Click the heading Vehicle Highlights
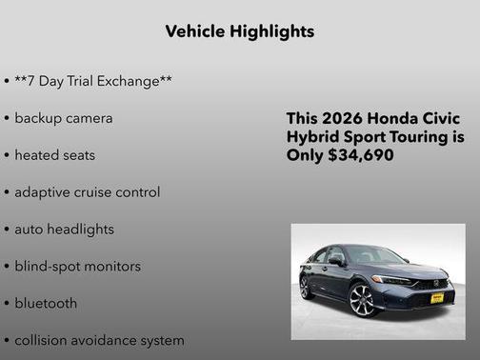pyautogui.click(x=239, y=31)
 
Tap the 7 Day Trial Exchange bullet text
pyautogui.click(x=93, y=81)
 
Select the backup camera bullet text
pyautogui.click(x=64, y=118)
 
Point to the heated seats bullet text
pyautogui.click(x=55, y=154)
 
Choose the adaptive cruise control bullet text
pyautogui.click(x=88, y=191)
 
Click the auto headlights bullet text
pyautogui.click(x=65, y=229)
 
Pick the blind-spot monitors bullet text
pyautogui.click(x=78, y=266)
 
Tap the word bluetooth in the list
pyautogui.click(x=47, y=303)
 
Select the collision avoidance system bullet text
pyautogui.click(x=99, y=340)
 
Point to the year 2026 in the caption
pyautogui.click(x=342, y=119)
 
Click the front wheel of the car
pyautogui.click(x=365, y=300)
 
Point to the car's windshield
pyautogui.click(x=371, y=256)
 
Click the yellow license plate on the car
pyautogui.click(x=436, y=298)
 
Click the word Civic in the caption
pyautogui.click(x=443, y=119)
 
